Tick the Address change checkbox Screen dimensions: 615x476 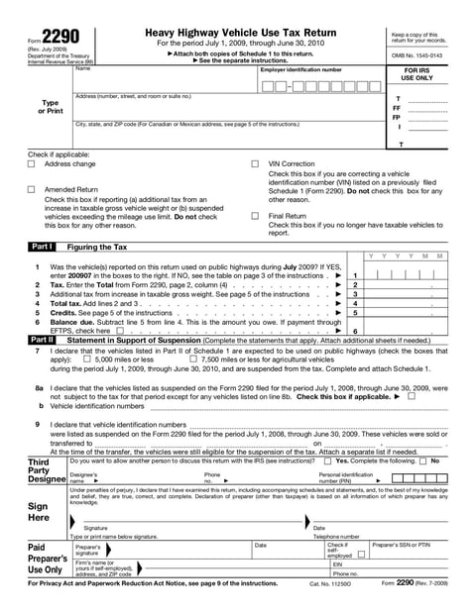click(32, 164)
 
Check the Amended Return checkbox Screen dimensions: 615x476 click(32, 189)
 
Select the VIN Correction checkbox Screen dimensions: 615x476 click(255, 164)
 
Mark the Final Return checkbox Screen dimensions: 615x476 click(255, 215)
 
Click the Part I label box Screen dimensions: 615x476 click(42, 246)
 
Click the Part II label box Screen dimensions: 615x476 click(42, 339)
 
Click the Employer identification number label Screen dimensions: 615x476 click(301, 70)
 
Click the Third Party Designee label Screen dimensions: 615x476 click(46, 470)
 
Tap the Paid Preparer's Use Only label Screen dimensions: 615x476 click(46, 559)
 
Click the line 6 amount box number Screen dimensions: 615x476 click(354, 331)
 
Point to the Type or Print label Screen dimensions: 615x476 click(49, 107)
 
